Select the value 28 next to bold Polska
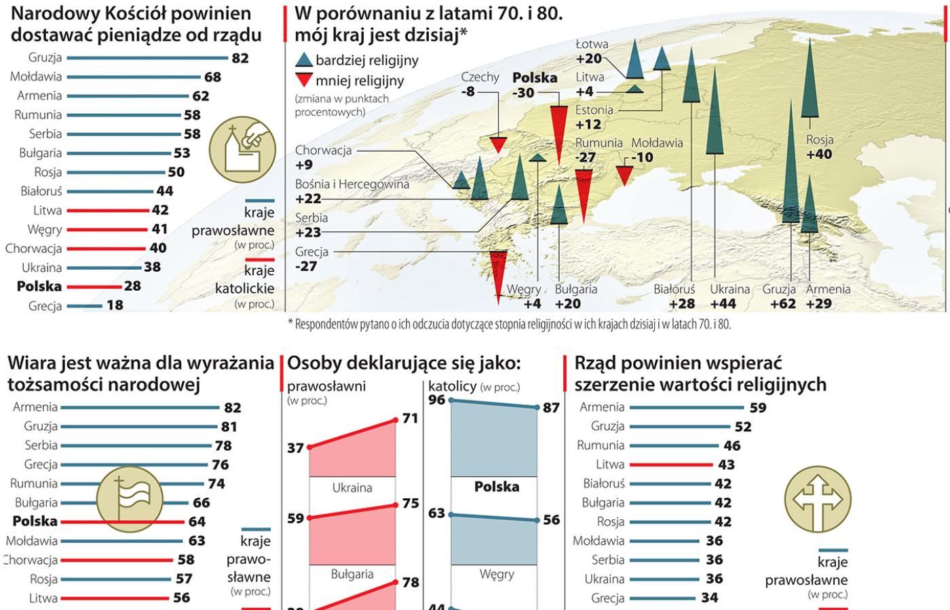coord(132,286)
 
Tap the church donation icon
coord(242,148)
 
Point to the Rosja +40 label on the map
coord(819,147)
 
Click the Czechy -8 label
coord(479,84)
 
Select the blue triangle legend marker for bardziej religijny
coord(304,60)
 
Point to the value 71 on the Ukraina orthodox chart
coord(410,418)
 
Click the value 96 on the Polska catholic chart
coord(437,400)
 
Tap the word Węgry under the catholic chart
coord(497,574)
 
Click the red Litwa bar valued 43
coord(671,464)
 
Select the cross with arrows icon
coord(817,499)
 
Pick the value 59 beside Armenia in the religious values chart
coord(758,407)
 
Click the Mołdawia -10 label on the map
coord(657,150)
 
